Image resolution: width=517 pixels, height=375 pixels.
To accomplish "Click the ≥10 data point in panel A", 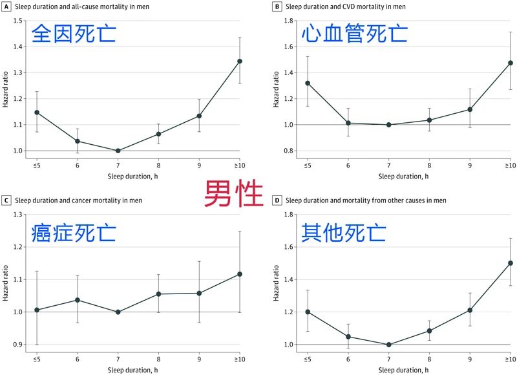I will point(240,61).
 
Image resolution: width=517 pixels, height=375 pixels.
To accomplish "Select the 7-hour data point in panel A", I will point(118,151).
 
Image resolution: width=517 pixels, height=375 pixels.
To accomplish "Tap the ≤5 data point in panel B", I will point(308,83).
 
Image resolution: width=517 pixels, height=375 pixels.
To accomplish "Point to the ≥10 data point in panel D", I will point(511,263).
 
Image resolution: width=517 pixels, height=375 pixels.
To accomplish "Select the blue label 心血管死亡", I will point(355,32).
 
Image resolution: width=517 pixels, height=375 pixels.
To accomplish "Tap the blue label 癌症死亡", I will point(74,231).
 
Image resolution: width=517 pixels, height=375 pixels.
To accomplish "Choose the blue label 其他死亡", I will point(343,231).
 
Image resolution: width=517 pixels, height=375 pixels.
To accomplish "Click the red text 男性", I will point(234,193).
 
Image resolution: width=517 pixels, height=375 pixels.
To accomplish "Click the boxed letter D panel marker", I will point(277,200).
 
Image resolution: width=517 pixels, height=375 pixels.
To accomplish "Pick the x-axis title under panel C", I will point(138,370).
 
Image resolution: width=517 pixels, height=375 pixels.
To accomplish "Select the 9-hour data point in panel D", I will point(470,310).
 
